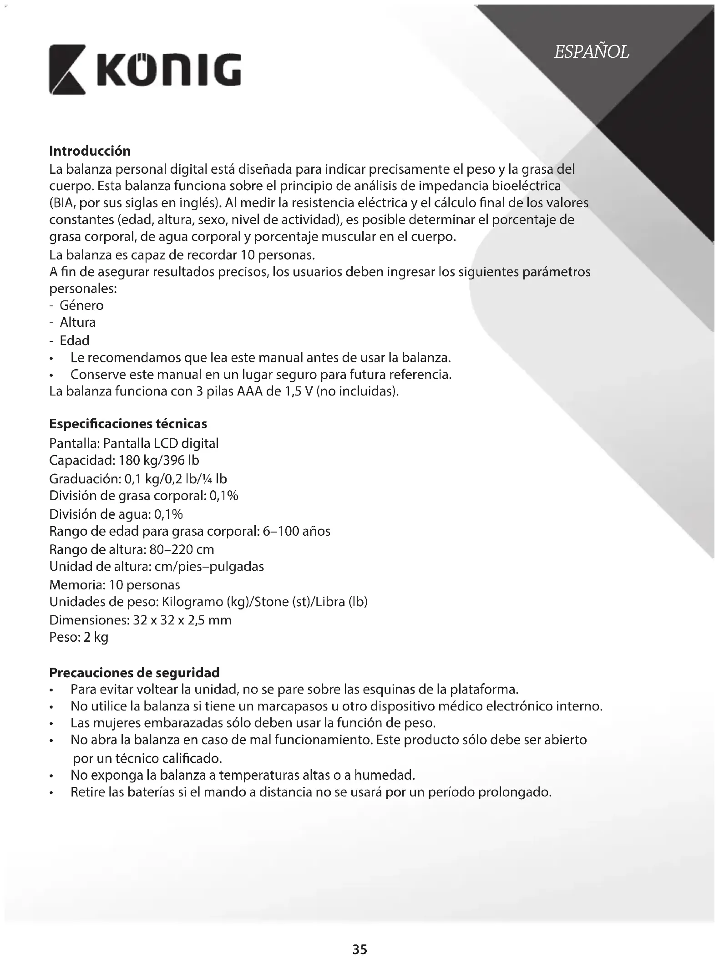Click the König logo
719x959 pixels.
(145, 70)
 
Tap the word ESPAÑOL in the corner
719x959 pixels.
(591, 52)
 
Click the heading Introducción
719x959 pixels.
(90, 151)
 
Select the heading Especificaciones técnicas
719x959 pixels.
(128, 424)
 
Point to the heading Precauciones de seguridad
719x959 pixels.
(134, 672)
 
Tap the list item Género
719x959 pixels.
(81, 305)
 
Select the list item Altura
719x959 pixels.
(78, 323)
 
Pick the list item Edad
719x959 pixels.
(75, 340)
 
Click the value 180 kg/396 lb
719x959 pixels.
(159, 461)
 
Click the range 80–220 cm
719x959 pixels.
(182, 549)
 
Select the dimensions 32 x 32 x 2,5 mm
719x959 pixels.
(182, 620)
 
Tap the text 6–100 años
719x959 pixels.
(296, 531)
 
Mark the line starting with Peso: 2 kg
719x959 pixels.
(79, 637)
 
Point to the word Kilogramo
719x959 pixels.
(191, 602)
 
